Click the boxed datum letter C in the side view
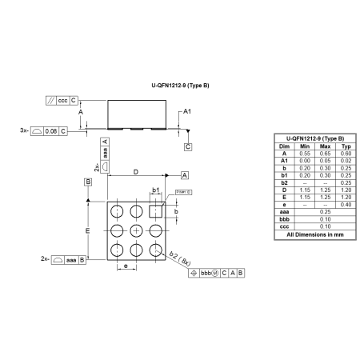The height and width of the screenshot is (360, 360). tap(187, 147)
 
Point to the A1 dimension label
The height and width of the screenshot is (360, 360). tap(186, 111)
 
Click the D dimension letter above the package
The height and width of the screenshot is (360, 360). tap(135, 171)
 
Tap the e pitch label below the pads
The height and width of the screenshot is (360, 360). tap(126, 265)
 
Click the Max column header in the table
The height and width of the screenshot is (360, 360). tap(325, 146)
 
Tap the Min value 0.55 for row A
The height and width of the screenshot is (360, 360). tap(305, 154)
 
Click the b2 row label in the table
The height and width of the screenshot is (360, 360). tap(284, 182)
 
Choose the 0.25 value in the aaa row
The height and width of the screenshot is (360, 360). tap(325, 212)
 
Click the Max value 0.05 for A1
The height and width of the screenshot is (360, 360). tap(325, 161)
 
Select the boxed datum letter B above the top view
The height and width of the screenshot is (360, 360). tap(88, 182)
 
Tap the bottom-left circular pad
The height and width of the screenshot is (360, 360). tap(117, 250)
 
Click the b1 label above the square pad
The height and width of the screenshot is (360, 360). tap(156, 190)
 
